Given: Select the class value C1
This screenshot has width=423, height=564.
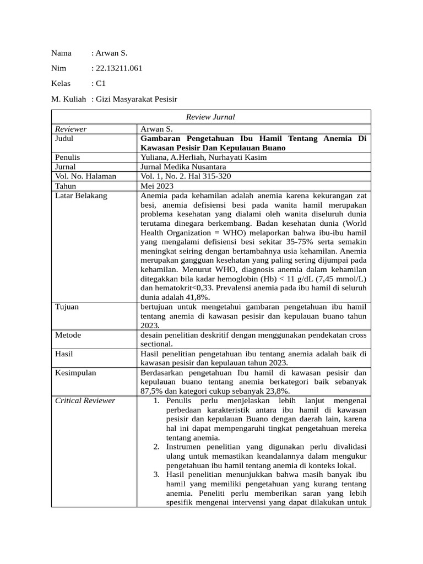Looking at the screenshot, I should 100,84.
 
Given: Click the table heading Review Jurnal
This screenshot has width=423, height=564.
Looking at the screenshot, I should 210,117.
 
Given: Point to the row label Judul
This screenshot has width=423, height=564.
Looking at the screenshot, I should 64,139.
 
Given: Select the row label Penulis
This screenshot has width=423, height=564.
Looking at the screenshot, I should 68,158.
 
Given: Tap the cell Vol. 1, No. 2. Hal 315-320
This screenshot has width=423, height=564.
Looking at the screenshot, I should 186,176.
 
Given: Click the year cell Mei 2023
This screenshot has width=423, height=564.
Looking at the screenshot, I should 158,186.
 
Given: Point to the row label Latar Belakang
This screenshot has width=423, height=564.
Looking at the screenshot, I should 81,196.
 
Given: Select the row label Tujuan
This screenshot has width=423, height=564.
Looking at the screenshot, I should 67,307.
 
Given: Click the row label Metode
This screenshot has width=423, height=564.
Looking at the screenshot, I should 68,335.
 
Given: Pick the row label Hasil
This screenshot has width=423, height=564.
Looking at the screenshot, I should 64,354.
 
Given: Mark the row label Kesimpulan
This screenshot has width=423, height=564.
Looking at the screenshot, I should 75,373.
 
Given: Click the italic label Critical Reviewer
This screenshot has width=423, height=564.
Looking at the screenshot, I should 85,400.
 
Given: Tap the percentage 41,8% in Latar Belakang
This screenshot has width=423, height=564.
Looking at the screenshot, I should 200,296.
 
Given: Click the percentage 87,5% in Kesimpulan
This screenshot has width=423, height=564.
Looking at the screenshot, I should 152,391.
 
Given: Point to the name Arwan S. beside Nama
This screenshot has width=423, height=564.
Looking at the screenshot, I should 111,53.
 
